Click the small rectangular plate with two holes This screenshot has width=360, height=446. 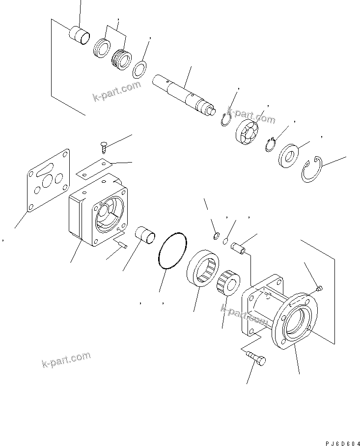tap(96, 167)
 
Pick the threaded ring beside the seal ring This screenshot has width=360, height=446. tap(121, 59)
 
